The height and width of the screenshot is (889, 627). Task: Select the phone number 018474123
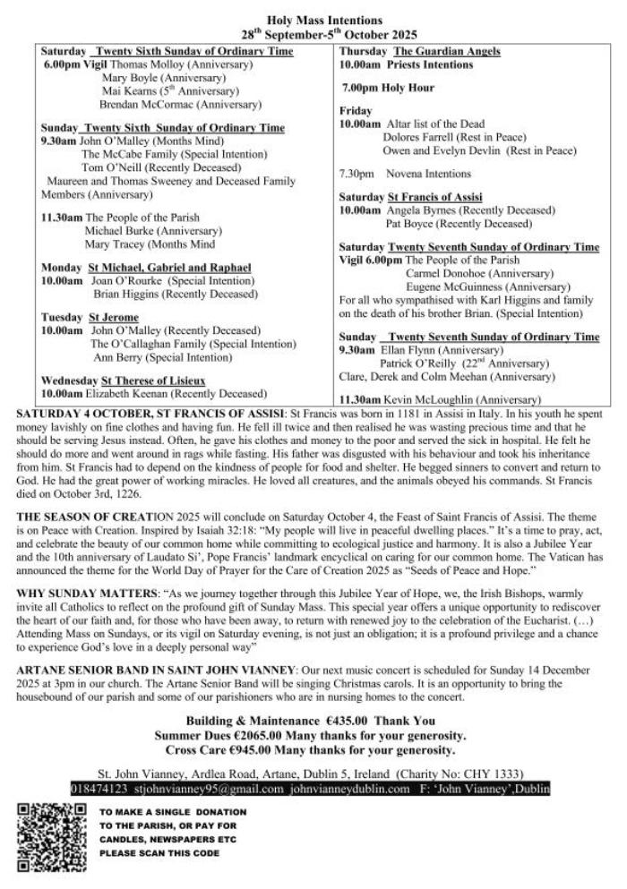[x=99, y=789]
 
